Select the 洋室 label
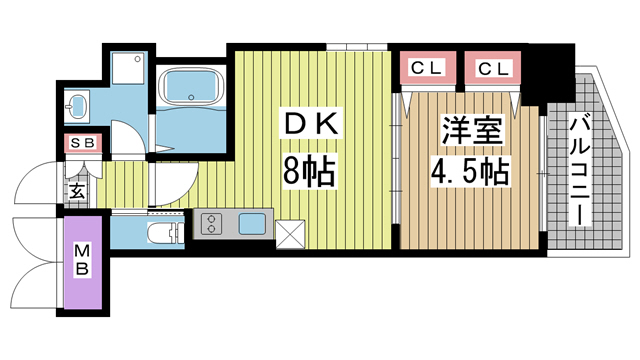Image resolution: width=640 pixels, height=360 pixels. pos(469,130)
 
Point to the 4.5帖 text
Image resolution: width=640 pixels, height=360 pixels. pos(469,172)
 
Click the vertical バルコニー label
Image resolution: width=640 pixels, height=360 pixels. pos(581,171)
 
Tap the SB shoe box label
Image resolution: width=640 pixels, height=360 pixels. pos(82,143)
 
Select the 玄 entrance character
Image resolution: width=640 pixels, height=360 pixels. pos(76,188)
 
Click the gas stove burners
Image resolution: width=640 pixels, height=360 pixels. pos(211,224)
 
